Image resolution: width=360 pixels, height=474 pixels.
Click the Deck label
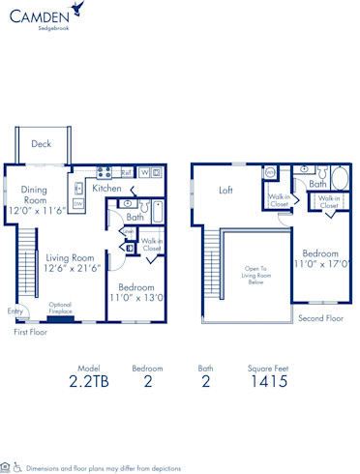(41, 144)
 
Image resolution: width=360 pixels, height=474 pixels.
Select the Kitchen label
(106, 189)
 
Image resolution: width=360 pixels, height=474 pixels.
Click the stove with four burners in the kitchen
(103, 173)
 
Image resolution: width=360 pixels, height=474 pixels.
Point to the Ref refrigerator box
(127, 173)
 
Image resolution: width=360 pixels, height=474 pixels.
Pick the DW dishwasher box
(77, 204)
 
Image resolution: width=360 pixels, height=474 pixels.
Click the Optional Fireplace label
(66, 307)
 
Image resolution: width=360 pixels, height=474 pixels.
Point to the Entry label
(15, 311)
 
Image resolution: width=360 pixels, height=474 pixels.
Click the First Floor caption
(31, 332)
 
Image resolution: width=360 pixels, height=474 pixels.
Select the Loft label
(226, 190)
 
